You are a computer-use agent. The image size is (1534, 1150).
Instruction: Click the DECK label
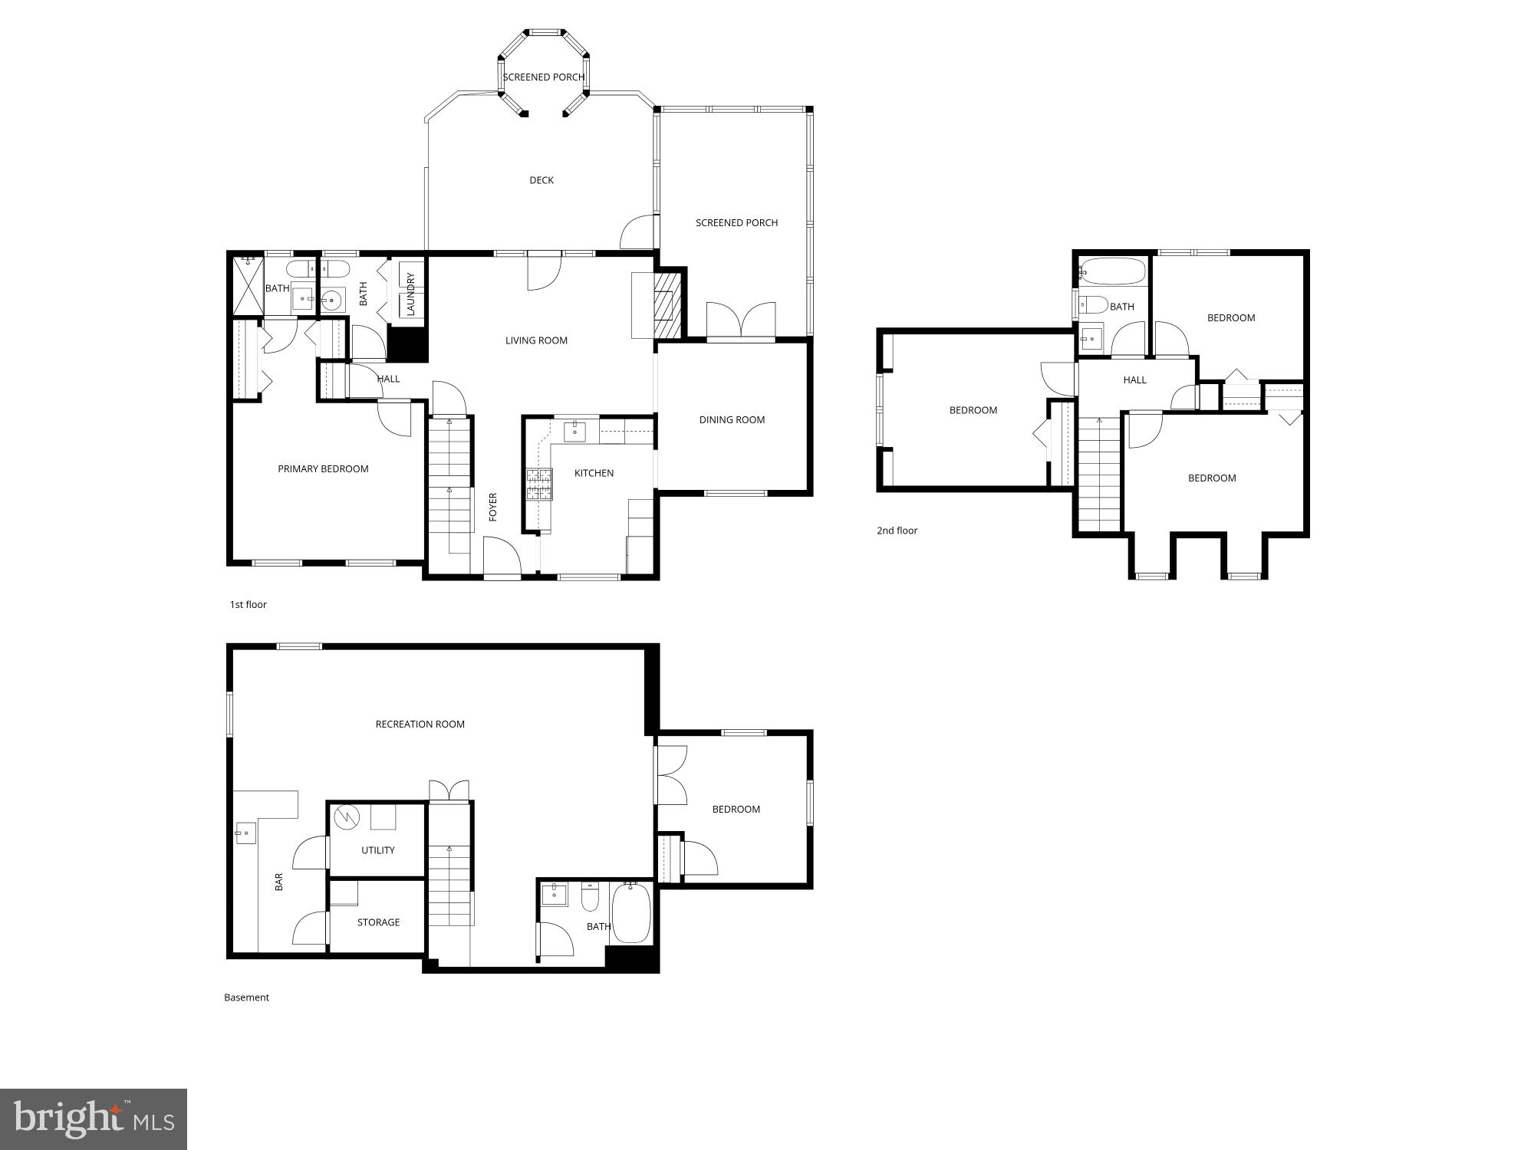tap(542, 180)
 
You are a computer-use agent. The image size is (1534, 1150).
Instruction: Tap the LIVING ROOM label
tap(536, 340)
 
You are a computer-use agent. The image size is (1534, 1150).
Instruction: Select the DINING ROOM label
tap(732, 419)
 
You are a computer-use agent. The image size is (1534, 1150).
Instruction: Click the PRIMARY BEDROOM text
tap(323, 468)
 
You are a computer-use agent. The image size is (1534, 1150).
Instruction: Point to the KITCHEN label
tap(594, 473)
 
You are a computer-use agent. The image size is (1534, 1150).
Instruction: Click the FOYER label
tap(493, 507)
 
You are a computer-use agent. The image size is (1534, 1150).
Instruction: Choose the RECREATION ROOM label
tap(420, 724)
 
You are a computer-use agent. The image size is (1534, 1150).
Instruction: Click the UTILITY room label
tap(377, 849)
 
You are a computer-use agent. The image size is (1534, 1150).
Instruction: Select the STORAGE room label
tap(378, 922)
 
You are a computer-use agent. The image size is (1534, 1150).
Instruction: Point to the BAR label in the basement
tap(279, 882)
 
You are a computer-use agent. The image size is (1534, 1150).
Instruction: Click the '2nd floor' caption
tap(897, 531)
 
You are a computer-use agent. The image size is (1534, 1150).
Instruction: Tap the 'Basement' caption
tap(246, 997)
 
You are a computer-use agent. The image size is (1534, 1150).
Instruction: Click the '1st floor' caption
tap(249, 604)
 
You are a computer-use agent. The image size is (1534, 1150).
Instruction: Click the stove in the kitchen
tap(539, 484)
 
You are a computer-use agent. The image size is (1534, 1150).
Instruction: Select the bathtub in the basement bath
tap(631, 913)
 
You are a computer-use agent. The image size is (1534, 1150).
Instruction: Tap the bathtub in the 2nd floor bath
tap(1113, 271)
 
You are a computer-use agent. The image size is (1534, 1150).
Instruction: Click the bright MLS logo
tap(94, 1119)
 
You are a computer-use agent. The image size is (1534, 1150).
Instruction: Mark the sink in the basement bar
tap(246, 832)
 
